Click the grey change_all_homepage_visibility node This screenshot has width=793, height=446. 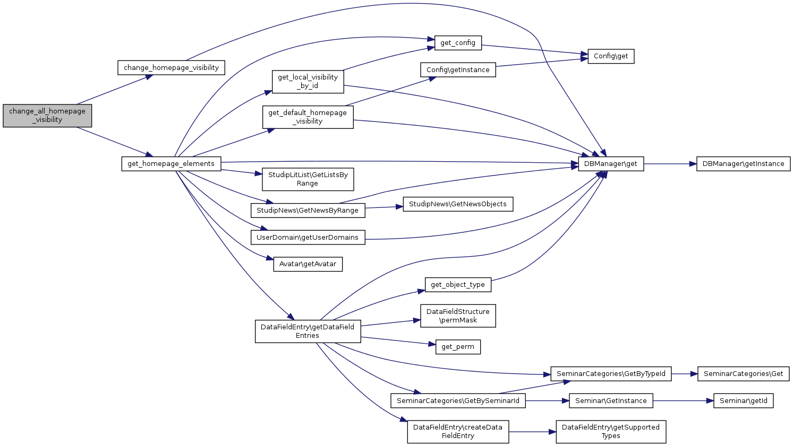click(x=47, y=116)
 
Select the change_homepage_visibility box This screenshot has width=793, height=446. click(x=171, y=68)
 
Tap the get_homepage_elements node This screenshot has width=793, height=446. click(x=171, y=164)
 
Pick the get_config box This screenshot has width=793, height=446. click(x=458, y=43)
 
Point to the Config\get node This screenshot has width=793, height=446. click(x=611, y=56)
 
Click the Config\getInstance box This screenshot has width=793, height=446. click(x=458, y=70)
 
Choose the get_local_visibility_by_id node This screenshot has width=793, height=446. click(x=308, y=82)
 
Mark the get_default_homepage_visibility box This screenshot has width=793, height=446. click(x=308, y=117)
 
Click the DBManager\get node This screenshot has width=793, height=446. click(x=611, y=164)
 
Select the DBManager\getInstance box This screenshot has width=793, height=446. click(x=743, y=164)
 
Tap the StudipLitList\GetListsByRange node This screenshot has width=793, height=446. click(x=308, y=179)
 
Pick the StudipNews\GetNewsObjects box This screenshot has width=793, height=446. click(x=458, y=204)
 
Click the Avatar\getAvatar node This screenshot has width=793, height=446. click(x=308, y=264)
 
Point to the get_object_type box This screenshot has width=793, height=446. click(x=458, y=285)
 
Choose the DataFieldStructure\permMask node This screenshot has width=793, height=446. click(x=458, y=316)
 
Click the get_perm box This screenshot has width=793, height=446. click(x=458, y=347)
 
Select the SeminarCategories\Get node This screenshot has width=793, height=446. click(x=743, y=374)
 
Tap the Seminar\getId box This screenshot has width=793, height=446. click(x=743, y=401)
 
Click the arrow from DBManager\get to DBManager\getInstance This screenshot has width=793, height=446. click(x=670, y=164)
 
